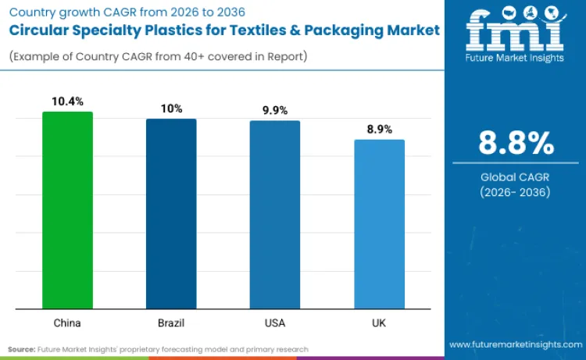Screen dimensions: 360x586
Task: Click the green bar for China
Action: (x=67, y=210)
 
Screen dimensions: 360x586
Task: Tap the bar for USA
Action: (x=275, y=215)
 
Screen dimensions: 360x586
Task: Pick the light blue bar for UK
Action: (x=379, y=224)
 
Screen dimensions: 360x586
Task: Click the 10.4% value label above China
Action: (x=67, y=102)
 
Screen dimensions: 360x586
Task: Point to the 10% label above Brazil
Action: (x=171, y=109)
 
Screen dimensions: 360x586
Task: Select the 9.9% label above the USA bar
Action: (x=275, y=110)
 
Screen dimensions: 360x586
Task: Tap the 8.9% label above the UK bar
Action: (x=379, y=129)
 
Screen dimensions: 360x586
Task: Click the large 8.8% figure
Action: (x=516, y=144)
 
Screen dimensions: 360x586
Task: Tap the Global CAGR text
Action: (x=516, y=177)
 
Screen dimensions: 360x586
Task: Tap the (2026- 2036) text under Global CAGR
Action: (x=516, y=192)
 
